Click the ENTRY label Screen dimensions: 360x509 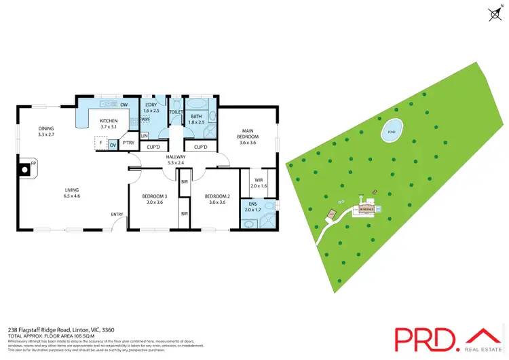117,215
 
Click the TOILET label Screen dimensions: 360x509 176,111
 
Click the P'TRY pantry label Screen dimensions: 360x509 128,143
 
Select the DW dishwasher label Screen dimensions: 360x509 124,105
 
